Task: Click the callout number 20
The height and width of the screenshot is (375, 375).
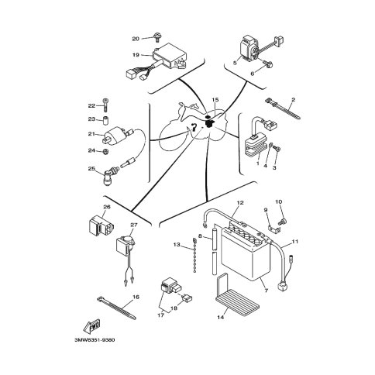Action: pos(136,39)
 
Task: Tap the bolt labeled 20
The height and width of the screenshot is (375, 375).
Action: pos(157,37)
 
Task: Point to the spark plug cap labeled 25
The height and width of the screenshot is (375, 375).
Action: pos(110,176)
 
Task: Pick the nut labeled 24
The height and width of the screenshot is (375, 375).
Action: pos(105,151)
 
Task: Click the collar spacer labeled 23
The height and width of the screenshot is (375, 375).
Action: pos(105,121)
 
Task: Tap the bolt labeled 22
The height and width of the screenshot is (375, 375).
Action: pos(105,105)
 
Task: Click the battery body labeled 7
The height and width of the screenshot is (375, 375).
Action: pos(246,253)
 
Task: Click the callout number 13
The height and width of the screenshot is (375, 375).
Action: pos(177,244)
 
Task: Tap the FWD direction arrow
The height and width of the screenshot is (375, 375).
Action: pos(91,326)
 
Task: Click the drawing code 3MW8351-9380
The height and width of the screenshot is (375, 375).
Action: pos(95,339)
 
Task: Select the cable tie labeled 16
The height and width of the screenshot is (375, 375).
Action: pos(117,308)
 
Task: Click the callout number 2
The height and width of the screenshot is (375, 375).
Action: pos(293,99)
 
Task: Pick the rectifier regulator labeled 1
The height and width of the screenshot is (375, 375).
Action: pos(254,146)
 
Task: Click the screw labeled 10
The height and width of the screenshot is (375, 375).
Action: pos(280,222)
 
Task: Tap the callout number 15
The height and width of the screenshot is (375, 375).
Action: pos(215,100)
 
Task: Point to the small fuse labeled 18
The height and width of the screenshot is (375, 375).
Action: pos(187,298)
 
